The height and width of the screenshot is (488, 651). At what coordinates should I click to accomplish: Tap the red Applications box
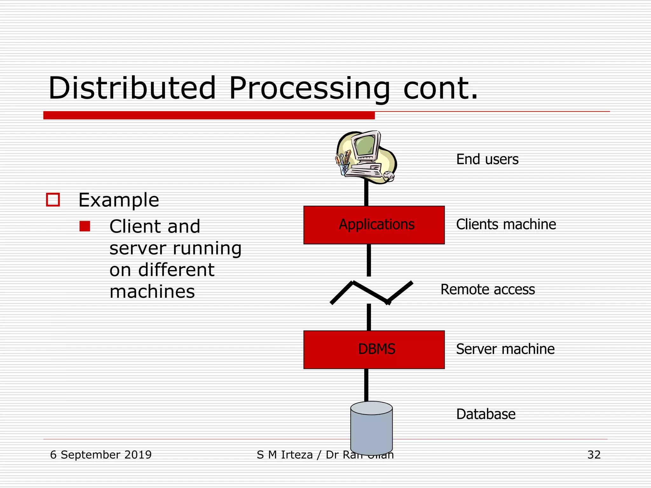[x=374, y=225]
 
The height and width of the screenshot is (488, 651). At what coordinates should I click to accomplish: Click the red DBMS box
[x=374, y=349]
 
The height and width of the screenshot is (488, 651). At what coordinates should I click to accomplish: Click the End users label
[x=487, y=159]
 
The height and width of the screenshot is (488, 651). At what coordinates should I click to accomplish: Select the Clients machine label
[x=506, y=225]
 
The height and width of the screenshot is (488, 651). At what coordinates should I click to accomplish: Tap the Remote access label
[x=487, y=290]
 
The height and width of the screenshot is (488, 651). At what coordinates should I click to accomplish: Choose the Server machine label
[x=505, y=349]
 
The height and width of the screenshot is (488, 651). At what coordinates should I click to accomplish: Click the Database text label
[x=486, y=414]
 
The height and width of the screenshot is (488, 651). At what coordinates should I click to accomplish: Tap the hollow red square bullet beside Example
[x=53, y=200]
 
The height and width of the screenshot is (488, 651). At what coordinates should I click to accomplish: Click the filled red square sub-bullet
[x=85, y=226]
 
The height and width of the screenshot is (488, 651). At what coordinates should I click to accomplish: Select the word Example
[x=119, y=200]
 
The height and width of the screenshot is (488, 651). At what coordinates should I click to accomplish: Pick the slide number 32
[x=594, y=455]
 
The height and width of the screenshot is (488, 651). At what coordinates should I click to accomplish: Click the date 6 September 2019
[x=101, y=455]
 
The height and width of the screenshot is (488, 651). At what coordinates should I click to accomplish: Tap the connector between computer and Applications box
[x=366, y=194]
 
